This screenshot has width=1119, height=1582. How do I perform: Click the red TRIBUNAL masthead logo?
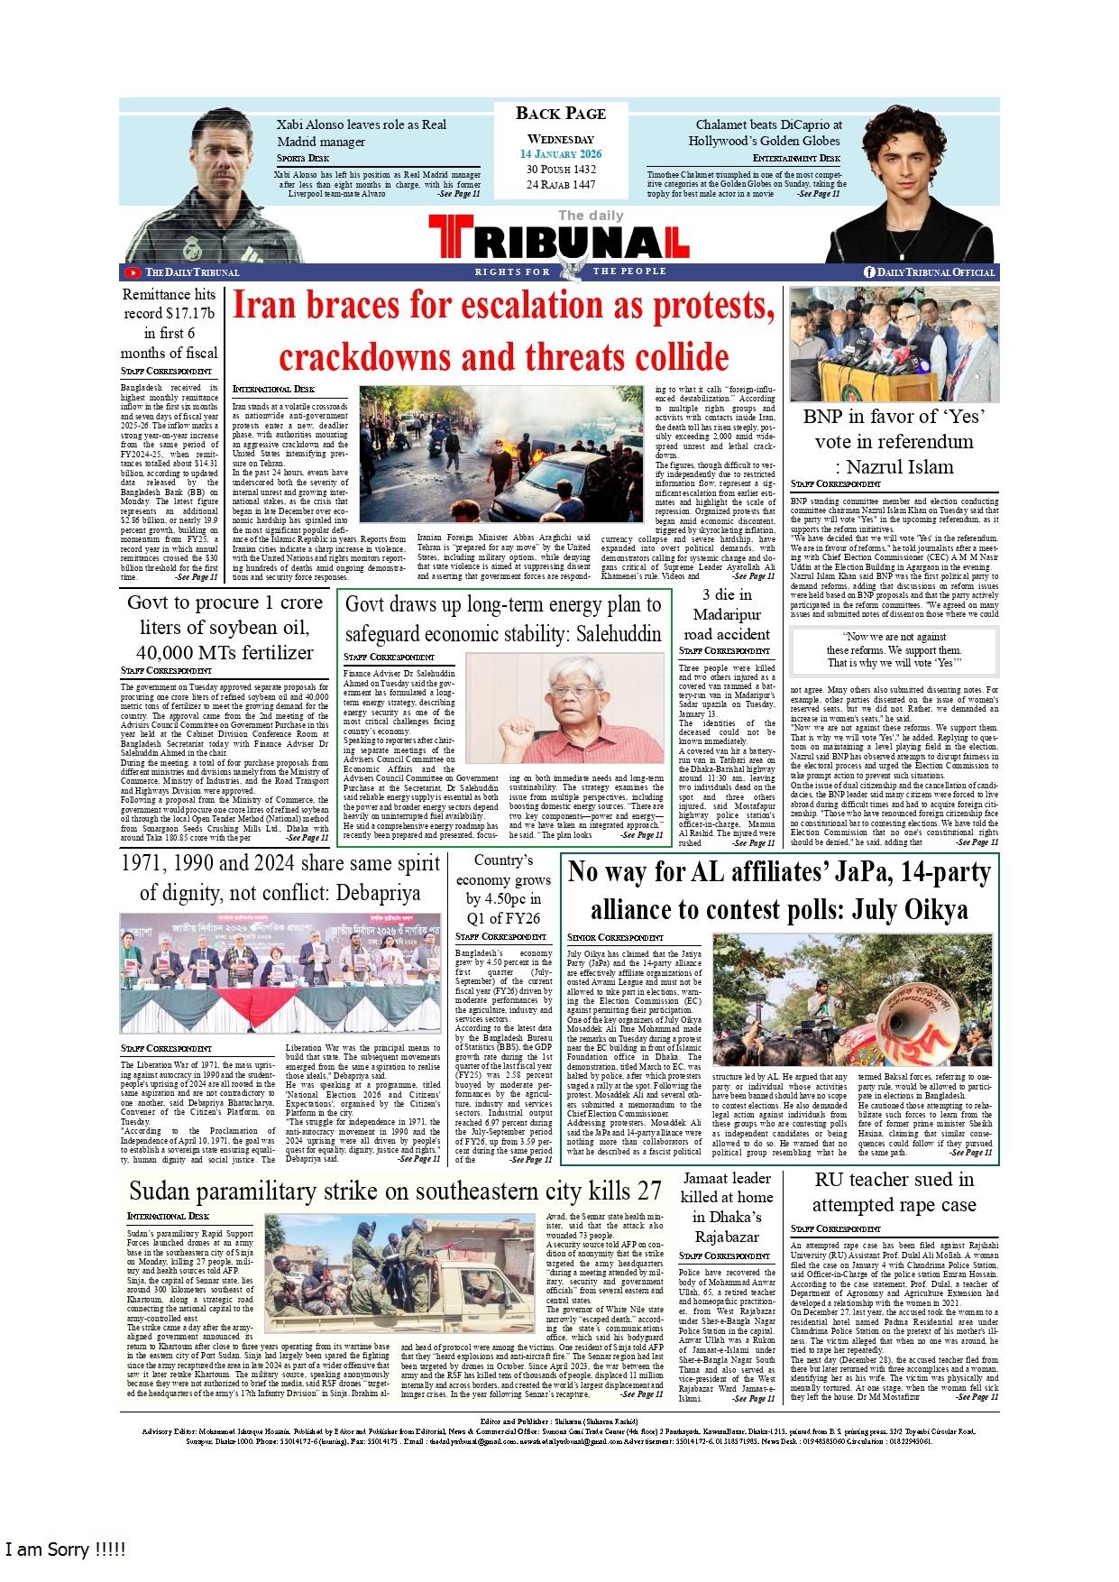click(559, 237)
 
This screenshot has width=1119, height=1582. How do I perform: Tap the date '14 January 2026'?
click(560, 154)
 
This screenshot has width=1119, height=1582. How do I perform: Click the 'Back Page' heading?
click(560, 114)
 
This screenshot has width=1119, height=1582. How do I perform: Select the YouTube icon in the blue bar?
click(133, 272)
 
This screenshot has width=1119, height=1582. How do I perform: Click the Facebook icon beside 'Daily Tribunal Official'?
click(869, 272)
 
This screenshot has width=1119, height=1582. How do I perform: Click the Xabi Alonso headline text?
click(361, 133)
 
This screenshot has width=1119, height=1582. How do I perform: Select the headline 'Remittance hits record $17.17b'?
click(170, 323)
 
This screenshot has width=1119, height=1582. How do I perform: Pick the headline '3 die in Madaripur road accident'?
click(727, 614)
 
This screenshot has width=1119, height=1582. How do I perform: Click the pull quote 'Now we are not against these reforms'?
click(894, 649)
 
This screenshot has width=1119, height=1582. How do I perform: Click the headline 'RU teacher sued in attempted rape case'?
click(894, 1191)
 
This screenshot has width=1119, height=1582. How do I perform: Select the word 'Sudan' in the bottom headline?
click(160, 1191)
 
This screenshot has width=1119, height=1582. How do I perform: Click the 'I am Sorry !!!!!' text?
click(65, 1550)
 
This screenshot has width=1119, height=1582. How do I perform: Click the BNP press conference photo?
click(894, 345)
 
